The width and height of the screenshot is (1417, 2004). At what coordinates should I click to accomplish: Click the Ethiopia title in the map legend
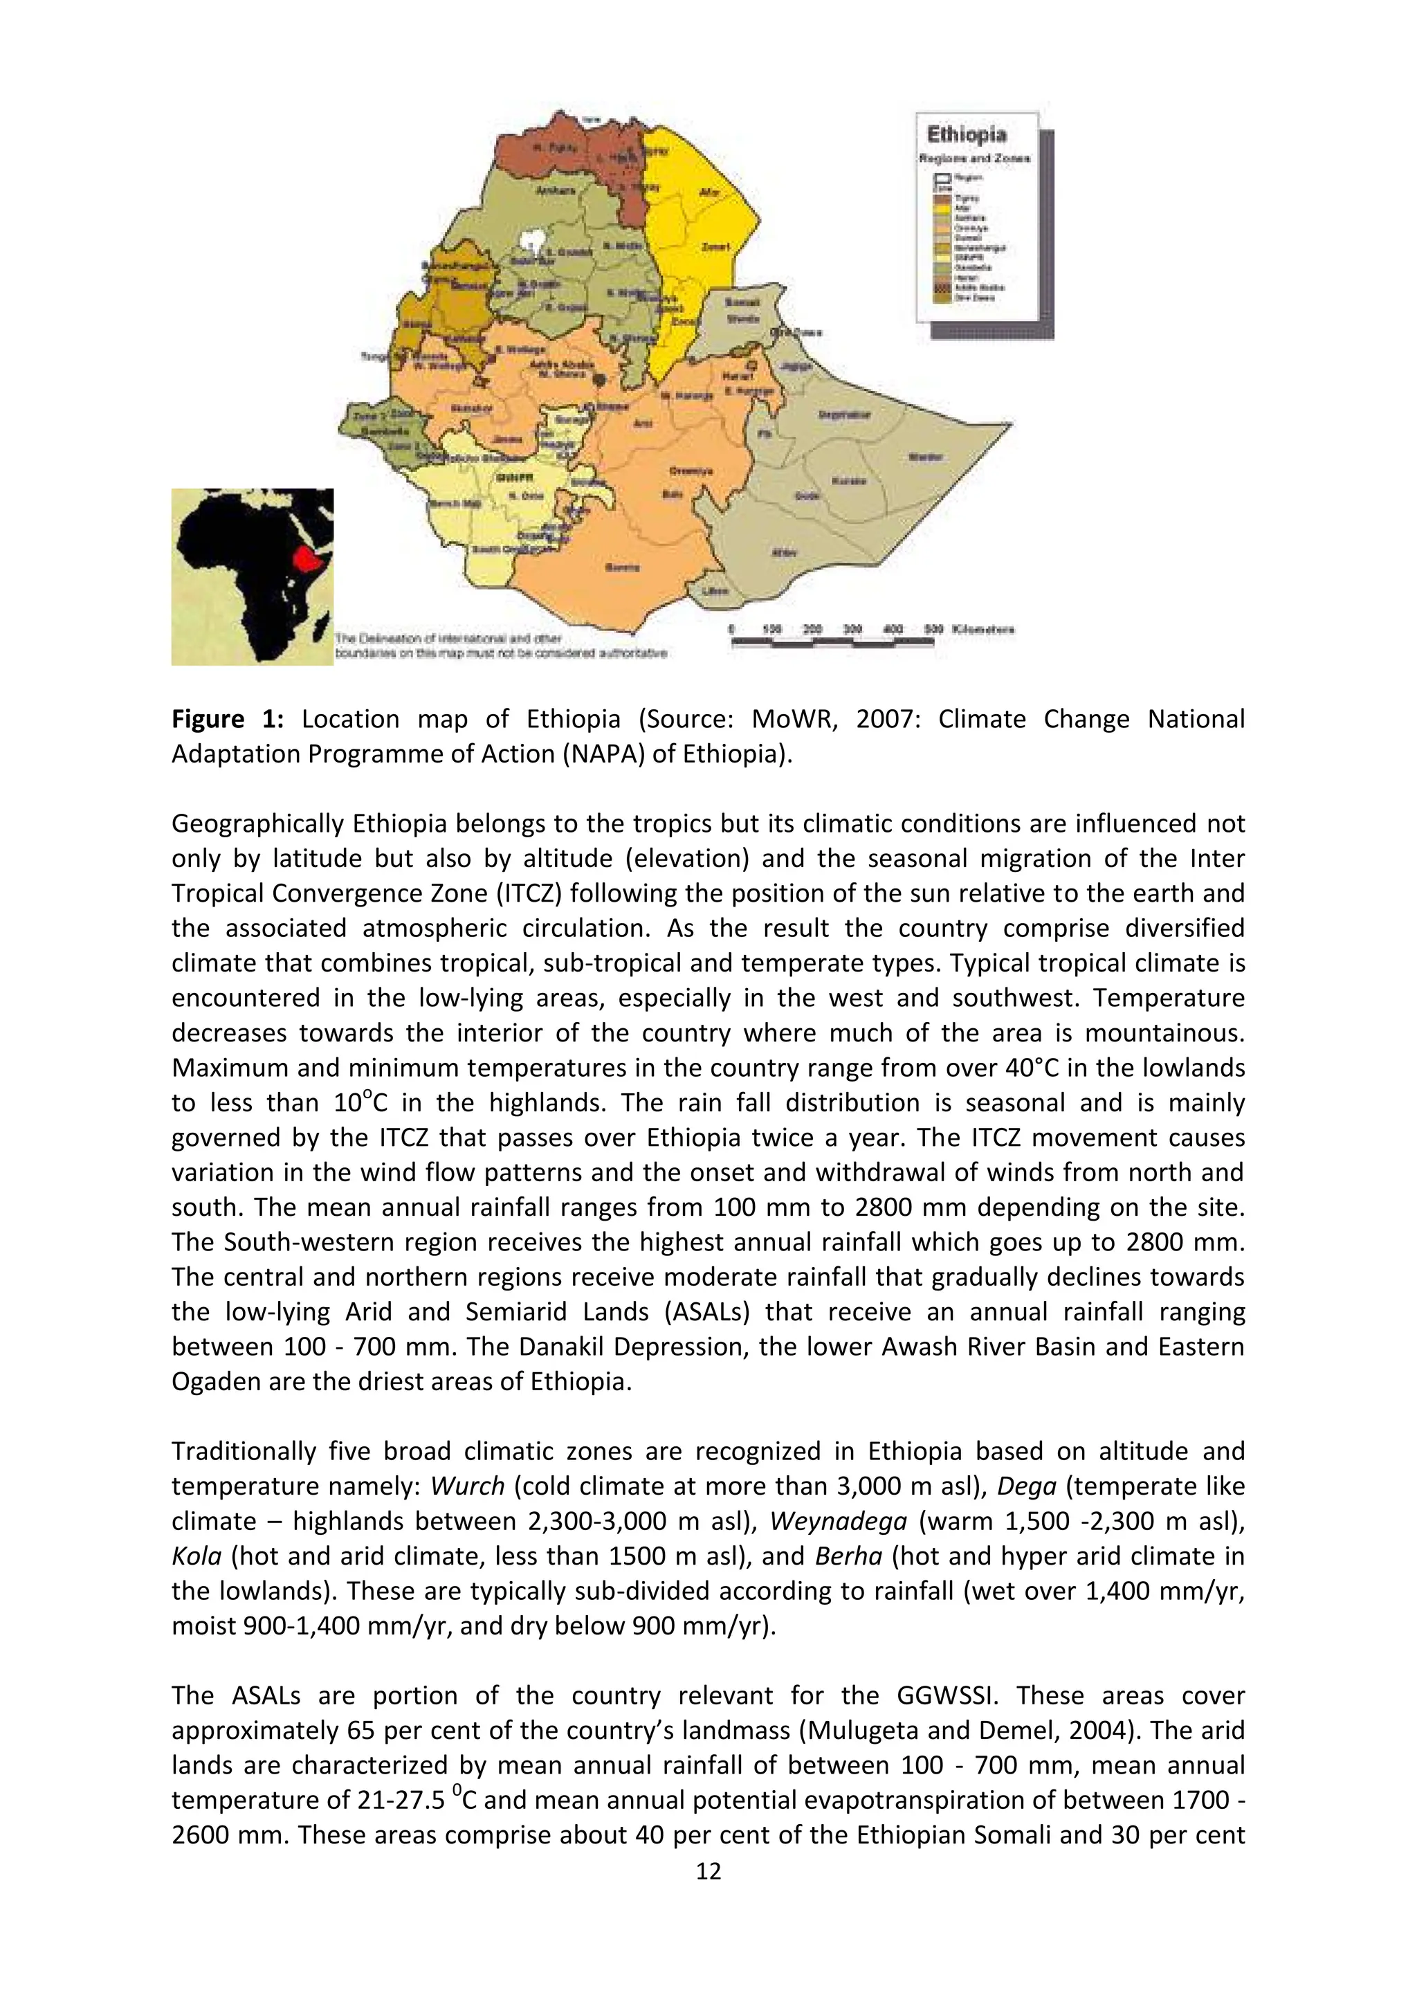click(966, 136)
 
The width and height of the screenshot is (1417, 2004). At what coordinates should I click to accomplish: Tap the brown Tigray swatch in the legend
click(942, 199)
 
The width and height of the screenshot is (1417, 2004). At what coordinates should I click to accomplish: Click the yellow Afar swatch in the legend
click(942, 208)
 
